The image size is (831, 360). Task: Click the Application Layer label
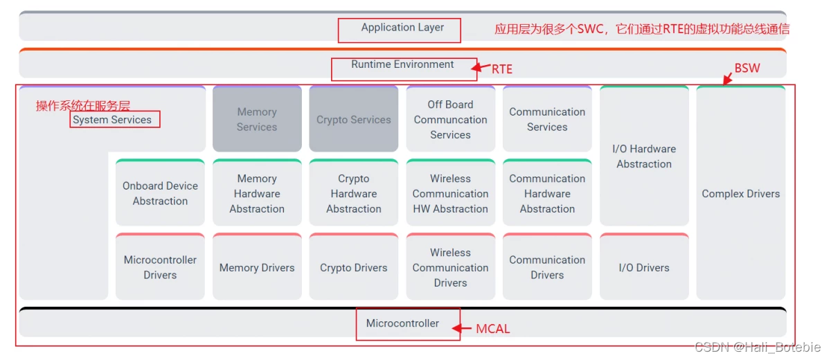pos(402,28)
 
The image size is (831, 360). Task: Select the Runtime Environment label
pos(402,64)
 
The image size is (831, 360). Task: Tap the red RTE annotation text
pos(502,69)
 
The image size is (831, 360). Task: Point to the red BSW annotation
pos(747,68)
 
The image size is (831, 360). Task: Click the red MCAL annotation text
pos(492,329)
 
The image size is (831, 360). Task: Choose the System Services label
pos(112,120)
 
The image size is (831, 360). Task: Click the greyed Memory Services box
pos(257,119)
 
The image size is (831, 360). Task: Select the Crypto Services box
pos(353,120)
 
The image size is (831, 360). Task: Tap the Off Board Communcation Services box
pos(450,119)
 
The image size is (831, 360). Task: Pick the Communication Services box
pos(547,119)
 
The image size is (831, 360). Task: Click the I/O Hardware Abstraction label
pos(644,156)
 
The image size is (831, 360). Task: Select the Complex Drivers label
pos(740,194)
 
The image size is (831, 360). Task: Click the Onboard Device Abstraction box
pos(160,193)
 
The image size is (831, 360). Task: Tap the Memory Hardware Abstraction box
pos(257,193)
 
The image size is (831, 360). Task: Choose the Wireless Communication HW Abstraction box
pos(450,193)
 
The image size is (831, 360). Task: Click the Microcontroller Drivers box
pos(160,267)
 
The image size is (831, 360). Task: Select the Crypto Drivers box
pos(353,268)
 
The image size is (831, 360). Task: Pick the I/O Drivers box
pos(644,268)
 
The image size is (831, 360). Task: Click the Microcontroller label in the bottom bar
pos(402,323)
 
